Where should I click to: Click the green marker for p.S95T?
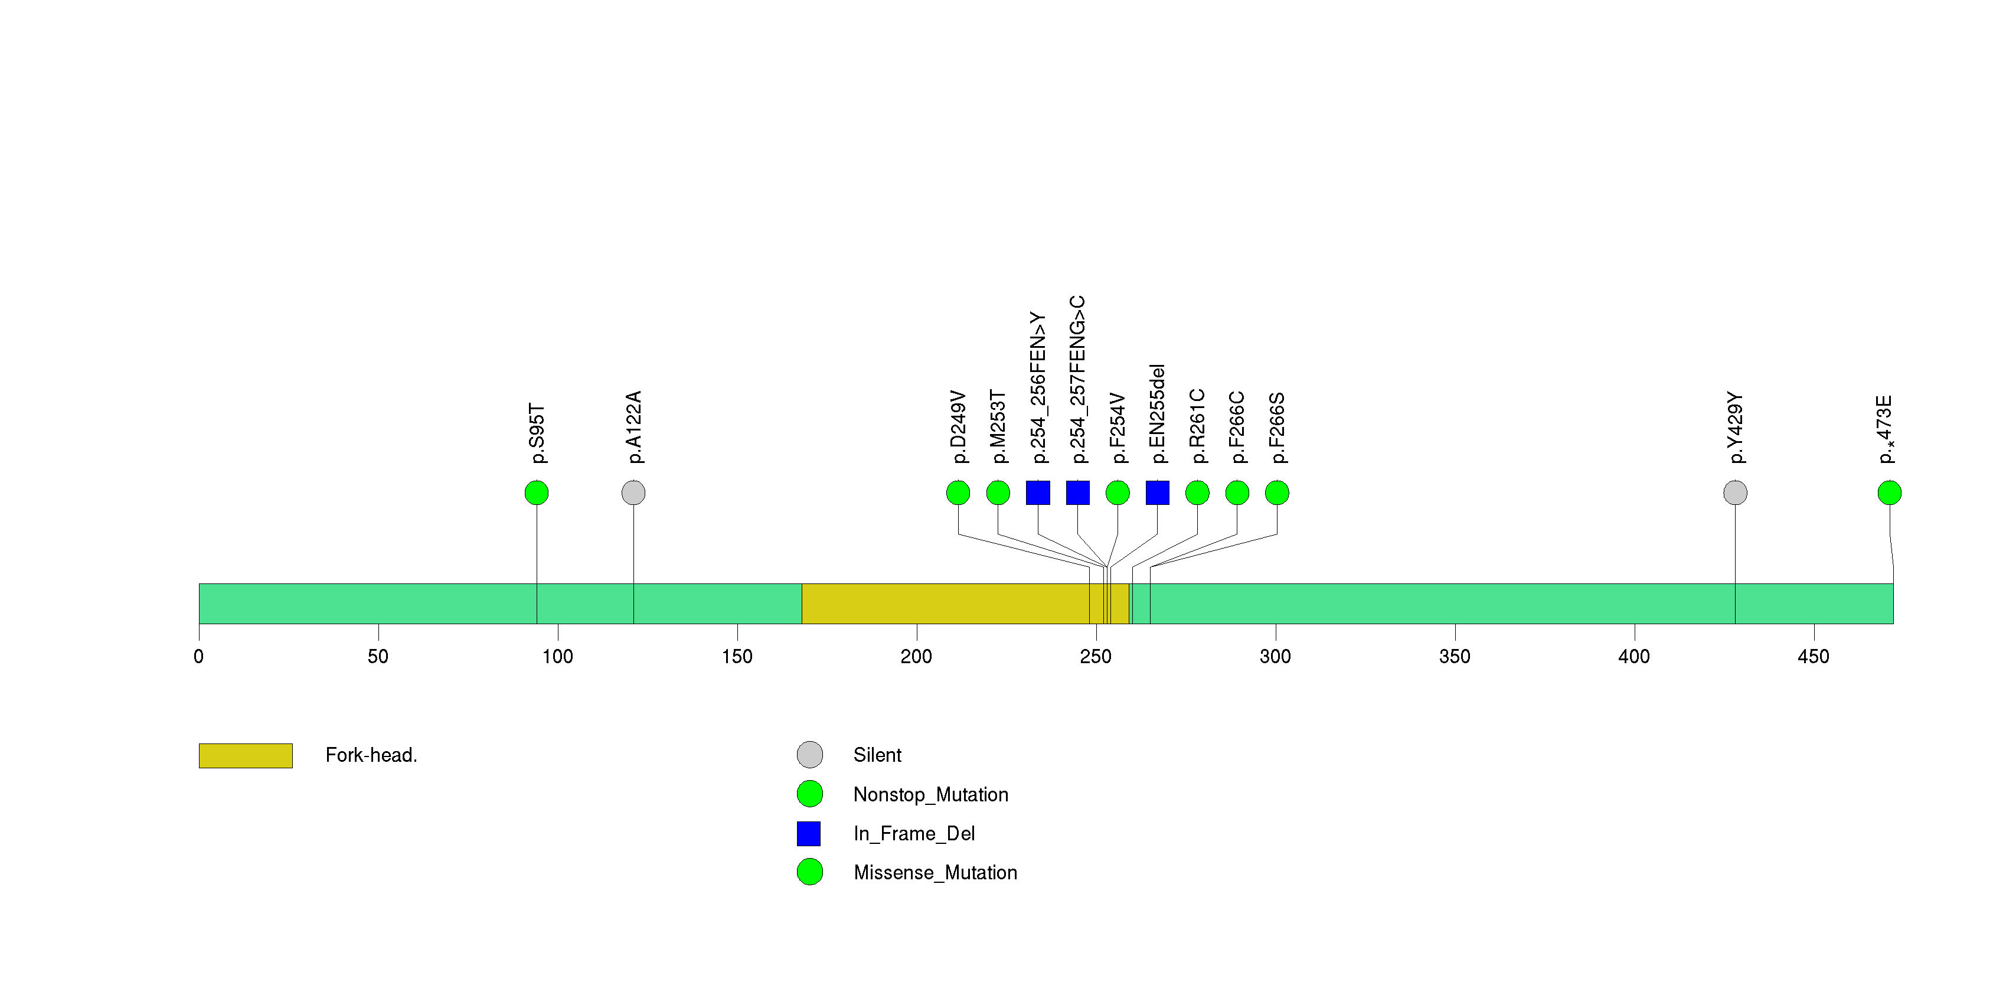coord(536,493)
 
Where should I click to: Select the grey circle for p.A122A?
coord(633,493)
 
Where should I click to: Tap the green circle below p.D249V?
coord(958,493)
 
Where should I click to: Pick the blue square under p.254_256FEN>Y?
coord(1037,493)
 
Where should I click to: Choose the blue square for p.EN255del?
coord(1158,493)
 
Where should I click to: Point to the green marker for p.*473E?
coord(1889,493)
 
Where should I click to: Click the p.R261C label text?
coord(1197,426)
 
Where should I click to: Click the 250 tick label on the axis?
coord(1096,657)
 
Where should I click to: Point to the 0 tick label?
coord(199,657)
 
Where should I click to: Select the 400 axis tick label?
coord(1633,657)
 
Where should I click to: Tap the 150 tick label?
coord(737,657)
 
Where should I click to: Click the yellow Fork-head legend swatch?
coord(245,755)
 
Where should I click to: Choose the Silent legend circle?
coord(809,754)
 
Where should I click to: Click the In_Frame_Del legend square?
coord(809,833)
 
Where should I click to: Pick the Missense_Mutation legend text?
coord(935,873)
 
